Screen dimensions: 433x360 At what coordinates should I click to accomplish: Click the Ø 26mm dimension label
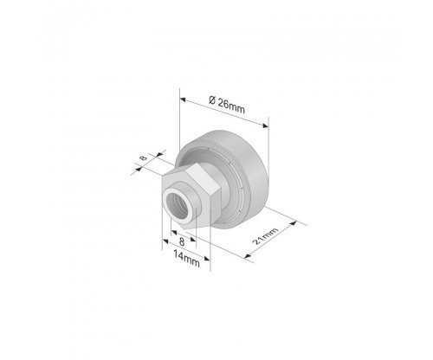(x=227, y=105)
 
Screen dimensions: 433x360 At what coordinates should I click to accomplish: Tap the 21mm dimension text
(x=266, y=236)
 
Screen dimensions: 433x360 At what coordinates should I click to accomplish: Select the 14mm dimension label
(x=186, y=258)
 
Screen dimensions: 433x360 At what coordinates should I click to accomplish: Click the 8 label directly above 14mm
(x=182, y=241)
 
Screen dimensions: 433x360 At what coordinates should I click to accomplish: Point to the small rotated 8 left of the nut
(x=143, y=157)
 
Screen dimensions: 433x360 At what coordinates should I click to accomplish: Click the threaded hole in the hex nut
(x=178, y=206)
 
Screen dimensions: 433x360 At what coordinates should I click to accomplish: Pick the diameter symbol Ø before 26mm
(x=212, y=100)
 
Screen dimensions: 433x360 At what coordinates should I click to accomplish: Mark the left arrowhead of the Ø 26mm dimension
(x=183, y=100)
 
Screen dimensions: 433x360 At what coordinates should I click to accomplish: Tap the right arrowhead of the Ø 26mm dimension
(x=265, y=125)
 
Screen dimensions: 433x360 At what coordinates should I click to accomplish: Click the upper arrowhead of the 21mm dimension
(x=293, y=223)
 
